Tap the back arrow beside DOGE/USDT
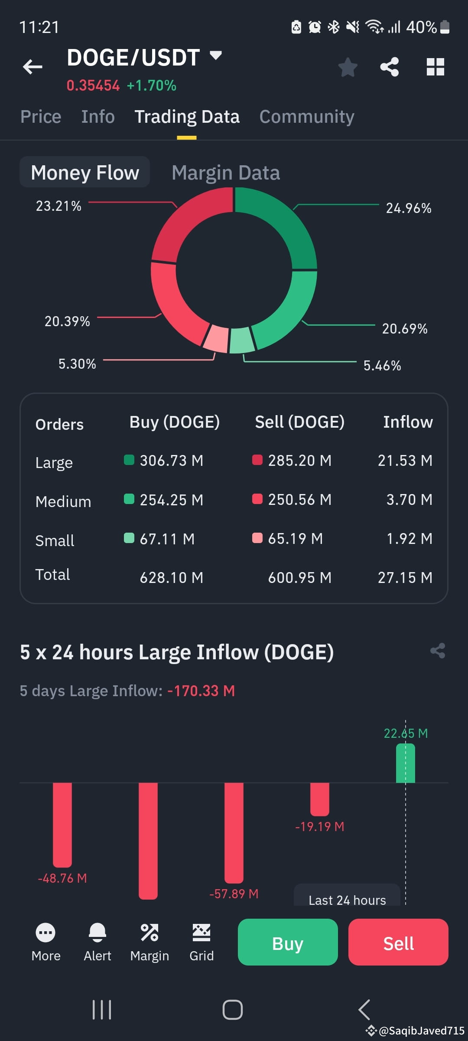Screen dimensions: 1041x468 tap(32, 67)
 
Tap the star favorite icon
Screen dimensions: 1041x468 tap(348, 67)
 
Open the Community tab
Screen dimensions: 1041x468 tap(306, 117)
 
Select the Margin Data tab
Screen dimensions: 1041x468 tap(225, 173)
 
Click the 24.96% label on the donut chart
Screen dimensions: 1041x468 tap(408, 208)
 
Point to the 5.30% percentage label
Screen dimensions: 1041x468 tap(77, 363)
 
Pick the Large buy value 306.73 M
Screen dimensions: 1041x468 tap(171, 460)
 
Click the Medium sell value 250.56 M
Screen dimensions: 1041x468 tap(299, 499)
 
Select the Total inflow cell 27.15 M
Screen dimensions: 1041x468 tap(405, 577)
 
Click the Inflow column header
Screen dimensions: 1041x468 tap(407, 422)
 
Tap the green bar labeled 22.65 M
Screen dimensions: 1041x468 tap(405, 763)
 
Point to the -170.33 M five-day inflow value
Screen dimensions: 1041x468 tap(201, 691)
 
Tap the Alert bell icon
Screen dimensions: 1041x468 tap(97, 933)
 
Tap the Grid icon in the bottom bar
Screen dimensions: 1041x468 tap(201, 933)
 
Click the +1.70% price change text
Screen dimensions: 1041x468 tap(151, 85)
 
